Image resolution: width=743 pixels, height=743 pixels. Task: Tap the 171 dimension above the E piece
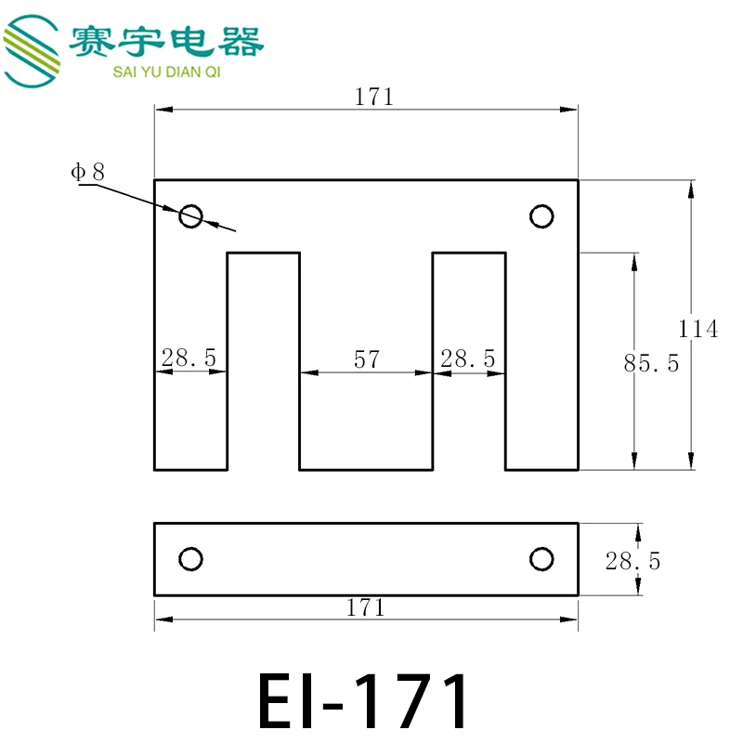tap(374, 97)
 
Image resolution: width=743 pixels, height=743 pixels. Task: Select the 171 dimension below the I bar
tap(365, 607)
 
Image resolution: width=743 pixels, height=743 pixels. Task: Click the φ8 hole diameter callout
tap(88, 171)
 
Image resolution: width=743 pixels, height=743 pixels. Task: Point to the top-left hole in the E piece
tap(190, 216)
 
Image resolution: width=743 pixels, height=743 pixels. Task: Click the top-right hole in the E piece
tap(541, 216)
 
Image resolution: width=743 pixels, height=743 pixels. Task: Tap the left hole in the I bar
tap(190, 559)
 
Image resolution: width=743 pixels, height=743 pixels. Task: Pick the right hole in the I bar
tap(541, 559)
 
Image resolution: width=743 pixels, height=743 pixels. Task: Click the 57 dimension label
tap(367, 359)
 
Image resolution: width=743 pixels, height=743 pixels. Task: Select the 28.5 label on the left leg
tap(189, 358)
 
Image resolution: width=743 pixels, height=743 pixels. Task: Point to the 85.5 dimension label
tap(651, 364)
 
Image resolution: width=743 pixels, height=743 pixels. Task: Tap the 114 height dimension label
tap(697, 329)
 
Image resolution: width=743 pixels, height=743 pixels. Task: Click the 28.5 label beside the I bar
tap(632, 561)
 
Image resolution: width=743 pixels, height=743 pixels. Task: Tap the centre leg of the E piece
tap(366, 418)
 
